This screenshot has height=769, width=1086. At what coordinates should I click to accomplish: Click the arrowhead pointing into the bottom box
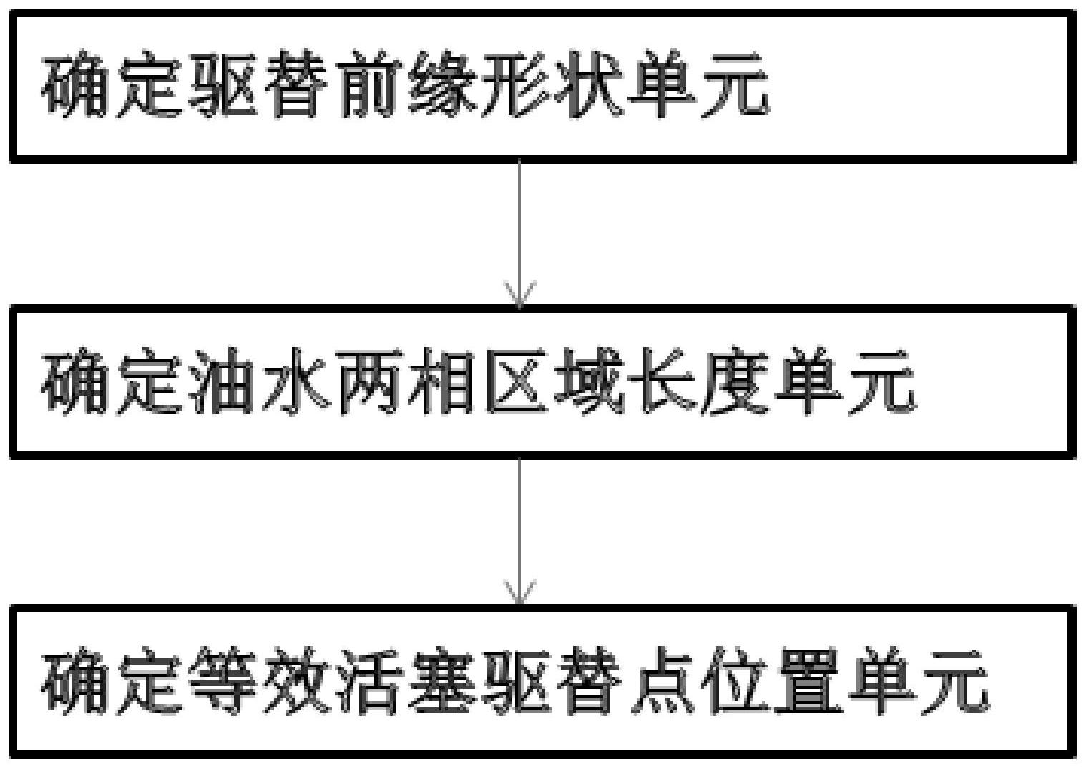click(x=520, y=593)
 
